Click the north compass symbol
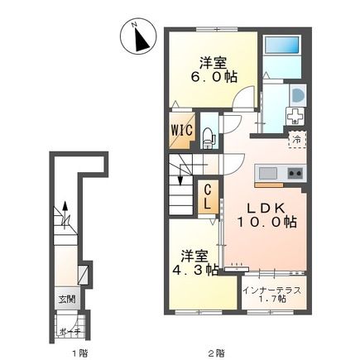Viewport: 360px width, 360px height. point(138,37)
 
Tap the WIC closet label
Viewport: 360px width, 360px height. point(181,130)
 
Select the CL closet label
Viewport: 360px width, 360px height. point(208,197)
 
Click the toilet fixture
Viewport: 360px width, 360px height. point(209,137)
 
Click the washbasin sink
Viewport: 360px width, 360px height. point(298,95)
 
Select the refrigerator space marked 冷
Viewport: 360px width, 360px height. point(297,140)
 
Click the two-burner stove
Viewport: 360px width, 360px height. point(295,173)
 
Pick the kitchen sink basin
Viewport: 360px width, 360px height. point(268,173)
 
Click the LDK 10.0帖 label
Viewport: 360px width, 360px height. point(267,215)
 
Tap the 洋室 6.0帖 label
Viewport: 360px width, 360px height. point(214,70)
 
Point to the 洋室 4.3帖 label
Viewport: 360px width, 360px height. point(195,263)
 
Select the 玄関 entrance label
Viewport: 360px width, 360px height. point(67,299)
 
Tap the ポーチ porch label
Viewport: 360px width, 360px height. point(70,331)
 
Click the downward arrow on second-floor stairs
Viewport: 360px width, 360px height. point(180,175)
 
